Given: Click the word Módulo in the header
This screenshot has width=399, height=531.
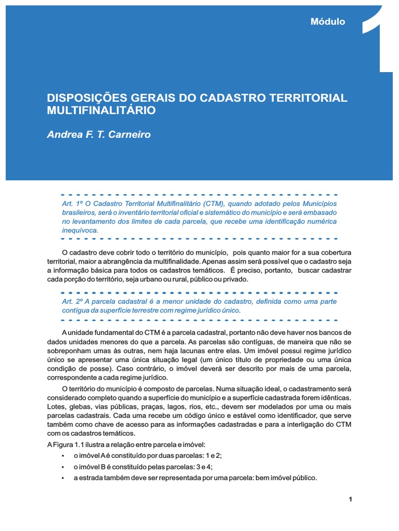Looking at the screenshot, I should point(327,22).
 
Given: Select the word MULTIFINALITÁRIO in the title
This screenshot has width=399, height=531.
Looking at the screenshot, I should point(101,110).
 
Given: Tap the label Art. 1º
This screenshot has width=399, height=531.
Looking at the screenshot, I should point(71,204).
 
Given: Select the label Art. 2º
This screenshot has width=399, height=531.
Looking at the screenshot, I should point(71,301).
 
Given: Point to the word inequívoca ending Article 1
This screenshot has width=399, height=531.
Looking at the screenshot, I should point(79,230).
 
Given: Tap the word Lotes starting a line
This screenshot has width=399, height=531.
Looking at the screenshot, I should point(56,406).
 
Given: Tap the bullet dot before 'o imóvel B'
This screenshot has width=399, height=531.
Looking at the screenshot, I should point(62,467).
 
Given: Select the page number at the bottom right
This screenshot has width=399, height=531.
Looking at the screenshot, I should point(351,499).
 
